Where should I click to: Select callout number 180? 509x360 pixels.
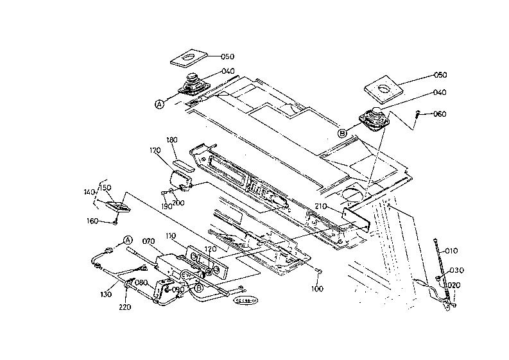tap(172, 140)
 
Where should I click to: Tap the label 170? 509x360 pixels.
tap(155, 151)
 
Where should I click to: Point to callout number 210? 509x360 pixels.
tap(322, 206)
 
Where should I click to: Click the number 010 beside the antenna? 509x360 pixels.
tap(452, 250)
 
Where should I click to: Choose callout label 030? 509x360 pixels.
tap(456, 270)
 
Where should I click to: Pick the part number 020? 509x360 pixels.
tap(454, 286)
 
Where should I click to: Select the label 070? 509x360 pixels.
tap(149, 241)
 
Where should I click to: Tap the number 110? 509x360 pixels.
tap(170, 236)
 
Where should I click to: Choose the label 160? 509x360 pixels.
tap(92, 221)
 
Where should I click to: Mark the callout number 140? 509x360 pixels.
tap(89, 191)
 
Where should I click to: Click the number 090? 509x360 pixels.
tap(179, 289)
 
